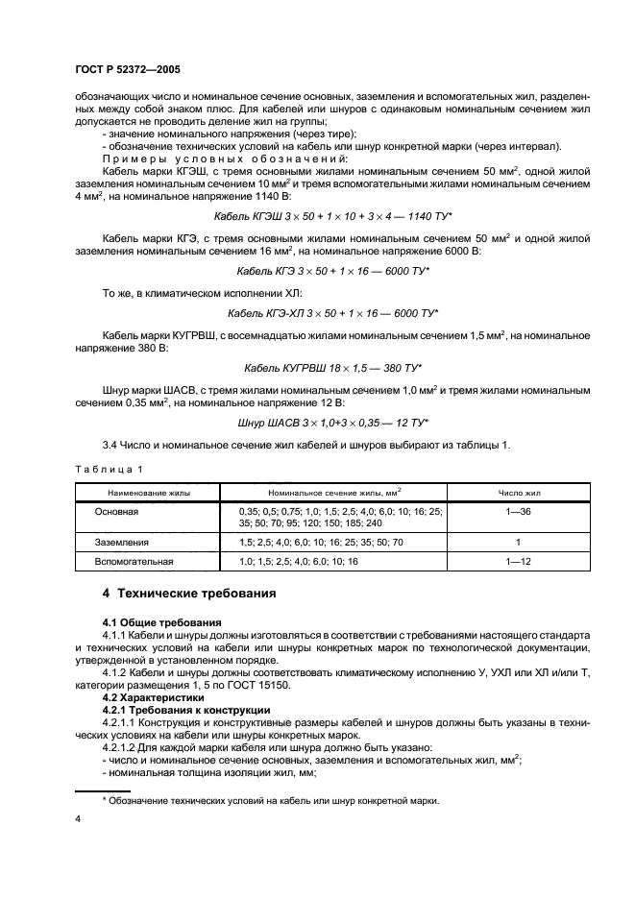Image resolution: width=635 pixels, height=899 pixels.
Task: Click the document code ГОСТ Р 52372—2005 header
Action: tap(127, 70)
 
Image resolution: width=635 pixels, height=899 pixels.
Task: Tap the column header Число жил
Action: tap(519, 491)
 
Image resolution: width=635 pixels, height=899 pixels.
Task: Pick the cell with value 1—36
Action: tap(519, 512)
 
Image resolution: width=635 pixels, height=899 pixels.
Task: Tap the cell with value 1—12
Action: tap(519, 561)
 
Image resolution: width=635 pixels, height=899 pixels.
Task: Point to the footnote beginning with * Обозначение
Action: tap(270, 800)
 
